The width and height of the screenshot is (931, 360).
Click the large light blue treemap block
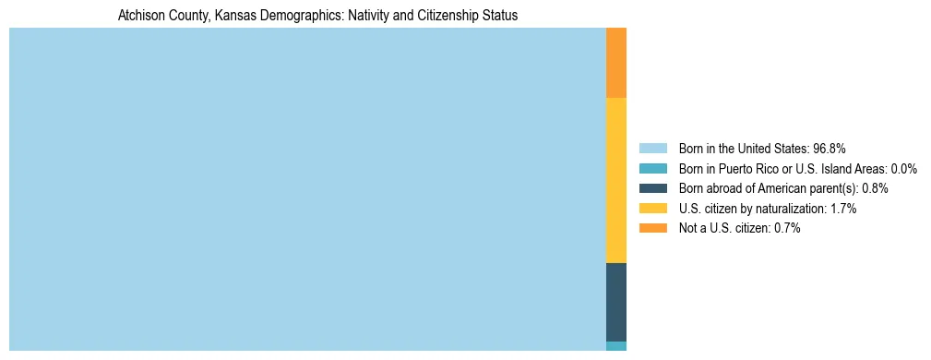pyautogui.click(x=307, y=189)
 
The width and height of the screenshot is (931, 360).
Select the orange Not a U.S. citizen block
pyautogui.click(x=616, y=63)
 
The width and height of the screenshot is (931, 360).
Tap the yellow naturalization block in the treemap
pyautogui.click(x=616, y=180)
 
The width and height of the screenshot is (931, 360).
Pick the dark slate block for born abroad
pyautogui.click(x=616, y=302)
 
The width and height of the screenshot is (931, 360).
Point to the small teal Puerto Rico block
pyautogui.click(x=616, y=346)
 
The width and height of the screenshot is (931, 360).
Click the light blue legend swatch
pyautogui.click(x=652, y=148)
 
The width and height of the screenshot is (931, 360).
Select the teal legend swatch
pyautogui.click(x=652, y=168)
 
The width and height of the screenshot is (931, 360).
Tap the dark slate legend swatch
pyautogui.click(x=652, y=188)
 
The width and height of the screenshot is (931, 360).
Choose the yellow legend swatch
pyautogui.click(x=652, y=209)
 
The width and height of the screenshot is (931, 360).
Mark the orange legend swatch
pyautogui.click(x=652, y=229)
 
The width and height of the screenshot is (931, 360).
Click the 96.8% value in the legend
pyautogui.click(x=830, y=148)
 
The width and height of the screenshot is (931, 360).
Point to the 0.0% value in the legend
pyautogui.click(x=903, y=168)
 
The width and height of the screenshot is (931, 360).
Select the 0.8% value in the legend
pyautogui.click(x=875, y=188)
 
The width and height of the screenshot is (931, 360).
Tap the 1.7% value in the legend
pyautogui.click(x=843, y=209)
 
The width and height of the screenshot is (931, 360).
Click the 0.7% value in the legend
pyautogui.click(x=786, y=229)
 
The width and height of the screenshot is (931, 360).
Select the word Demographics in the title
pyautogui.click(x=299, y=16)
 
